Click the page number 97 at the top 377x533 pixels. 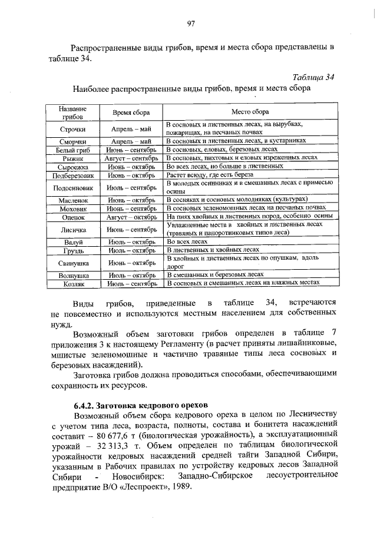click(190, 24)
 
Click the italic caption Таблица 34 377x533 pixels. click(313, 77)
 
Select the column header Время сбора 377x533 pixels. click(131, 112)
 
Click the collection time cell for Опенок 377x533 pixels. click(131, 217)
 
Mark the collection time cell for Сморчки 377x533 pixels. click(131, 142)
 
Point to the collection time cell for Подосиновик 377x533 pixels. click(131, 188)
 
